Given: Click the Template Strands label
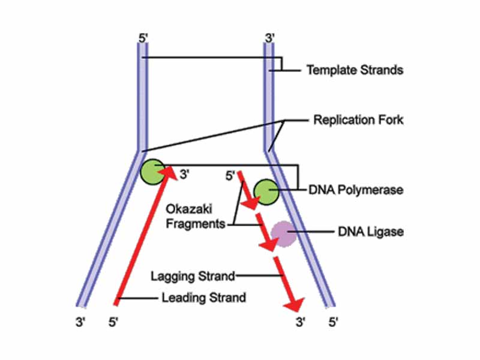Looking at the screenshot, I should [354, 70].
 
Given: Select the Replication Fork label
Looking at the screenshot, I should [358, 120].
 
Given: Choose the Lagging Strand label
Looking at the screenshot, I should [193, 276].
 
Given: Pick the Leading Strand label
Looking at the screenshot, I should [204, 297].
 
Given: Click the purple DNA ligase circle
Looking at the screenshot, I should [283, 233].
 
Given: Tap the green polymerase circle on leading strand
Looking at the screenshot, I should [151, 172].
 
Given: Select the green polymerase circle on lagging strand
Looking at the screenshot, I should [265, 191].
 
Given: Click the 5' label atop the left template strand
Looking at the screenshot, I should [143, 38].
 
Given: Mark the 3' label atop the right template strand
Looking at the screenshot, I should [269, 38].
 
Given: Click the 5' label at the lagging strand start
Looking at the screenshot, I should [230, 176].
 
